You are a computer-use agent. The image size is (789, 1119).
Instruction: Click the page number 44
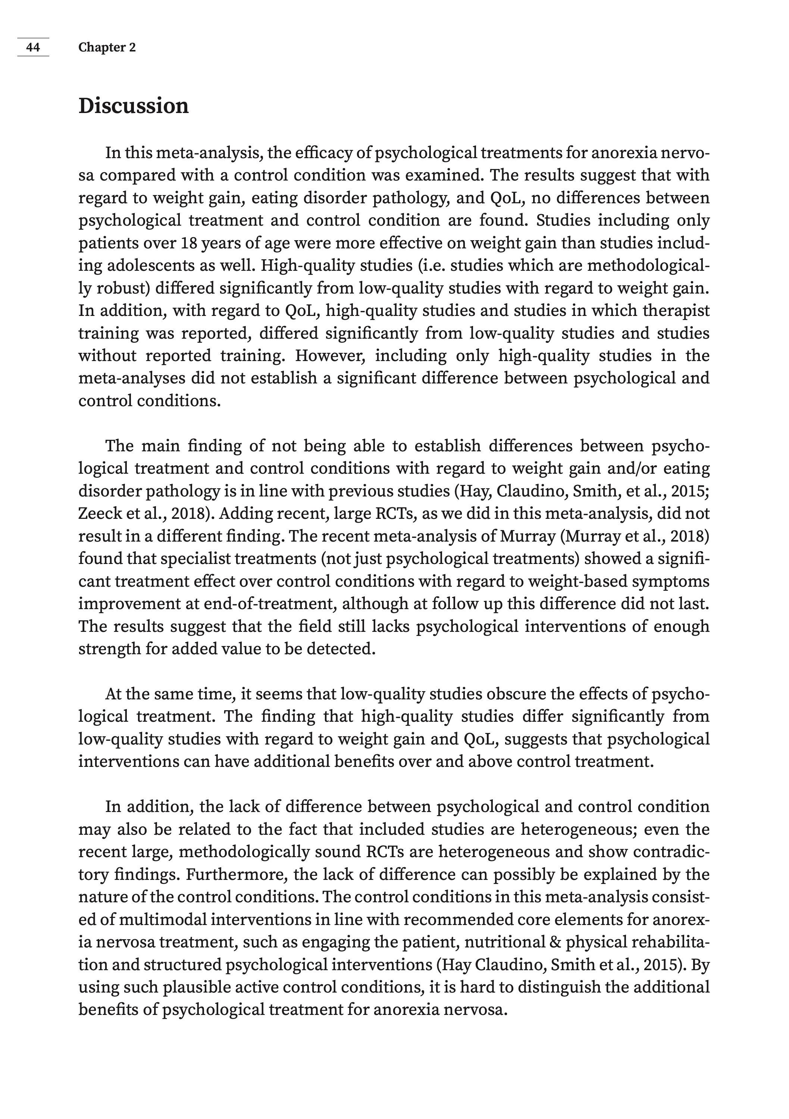(33, 47)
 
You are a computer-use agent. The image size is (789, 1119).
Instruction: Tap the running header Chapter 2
(107, 47)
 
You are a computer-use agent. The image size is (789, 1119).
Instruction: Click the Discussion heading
(133, 106)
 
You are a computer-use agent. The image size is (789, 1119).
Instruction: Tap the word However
(330, 356)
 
